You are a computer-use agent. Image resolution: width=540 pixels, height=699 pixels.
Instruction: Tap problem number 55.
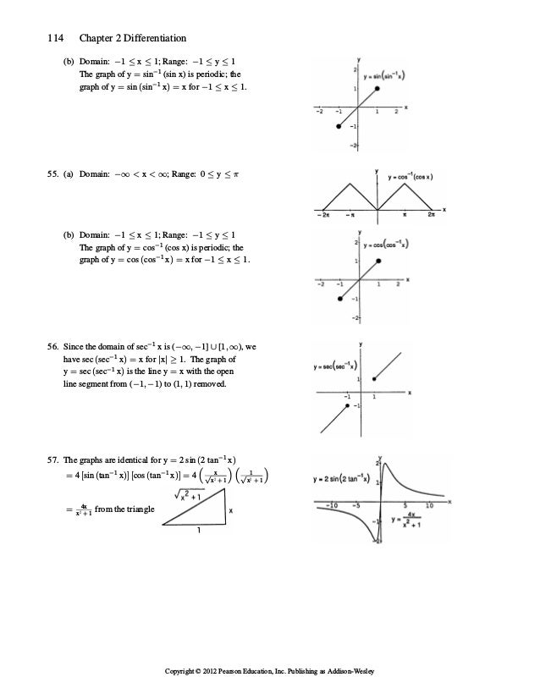coord(52,173)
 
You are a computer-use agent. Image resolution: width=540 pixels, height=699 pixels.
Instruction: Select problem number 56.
coord(52,345)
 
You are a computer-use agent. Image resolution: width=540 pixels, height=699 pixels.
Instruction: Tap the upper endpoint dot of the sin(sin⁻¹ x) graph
coord(377,89)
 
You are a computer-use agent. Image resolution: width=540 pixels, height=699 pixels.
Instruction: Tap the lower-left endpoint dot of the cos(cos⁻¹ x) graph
coord(339,299)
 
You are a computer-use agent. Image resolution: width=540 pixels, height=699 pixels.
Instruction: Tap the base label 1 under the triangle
coord(198,531)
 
